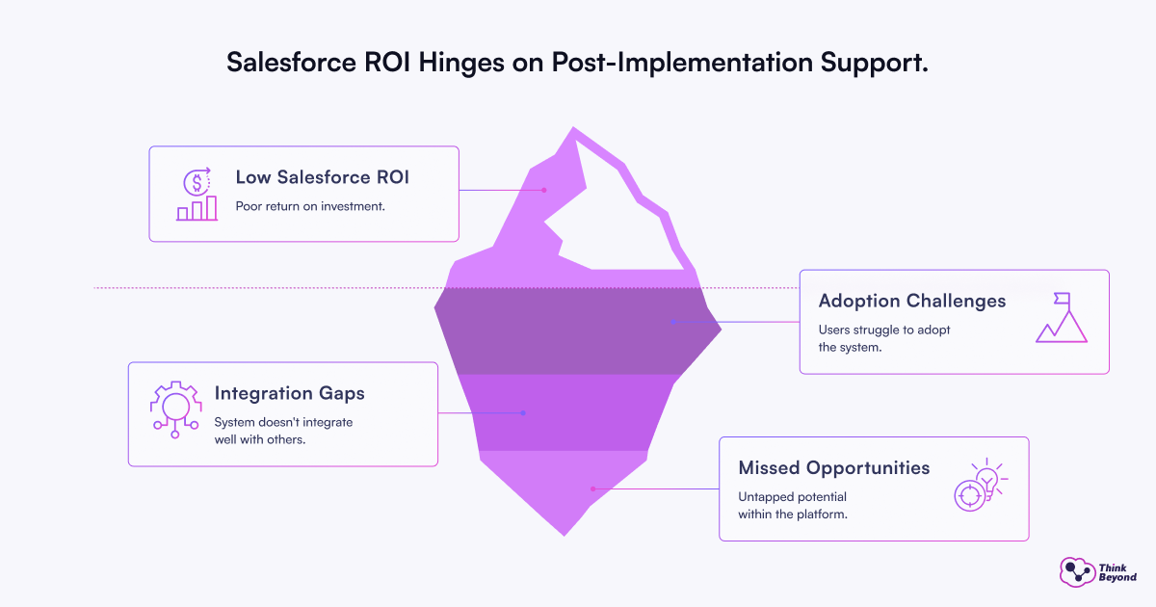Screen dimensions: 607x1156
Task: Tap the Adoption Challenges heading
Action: click(x=912, y=301)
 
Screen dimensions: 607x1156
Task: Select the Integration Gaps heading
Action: click(x=290, y=393)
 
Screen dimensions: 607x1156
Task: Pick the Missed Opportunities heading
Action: click(x=834, y=468)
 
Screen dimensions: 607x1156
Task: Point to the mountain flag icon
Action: click(x=1062, y=318)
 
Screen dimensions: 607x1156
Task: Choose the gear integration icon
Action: click(x=174, y=410)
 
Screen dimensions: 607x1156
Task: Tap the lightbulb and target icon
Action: click(x=979, y=486)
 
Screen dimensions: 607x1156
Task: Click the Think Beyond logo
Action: click(x=1097, y=572)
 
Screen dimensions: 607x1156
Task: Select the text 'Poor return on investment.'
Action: click(x=310, y=206)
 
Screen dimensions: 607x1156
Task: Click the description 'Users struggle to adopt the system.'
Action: click(x=885, y=338)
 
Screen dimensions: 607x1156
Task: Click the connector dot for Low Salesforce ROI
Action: click(x=544, y=190)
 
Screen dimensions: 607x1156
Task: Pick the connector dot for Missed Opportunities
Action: click(x=592, y=488)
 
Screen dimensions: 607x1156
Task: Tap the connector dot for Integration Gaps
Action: click(x=523, y=413)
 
